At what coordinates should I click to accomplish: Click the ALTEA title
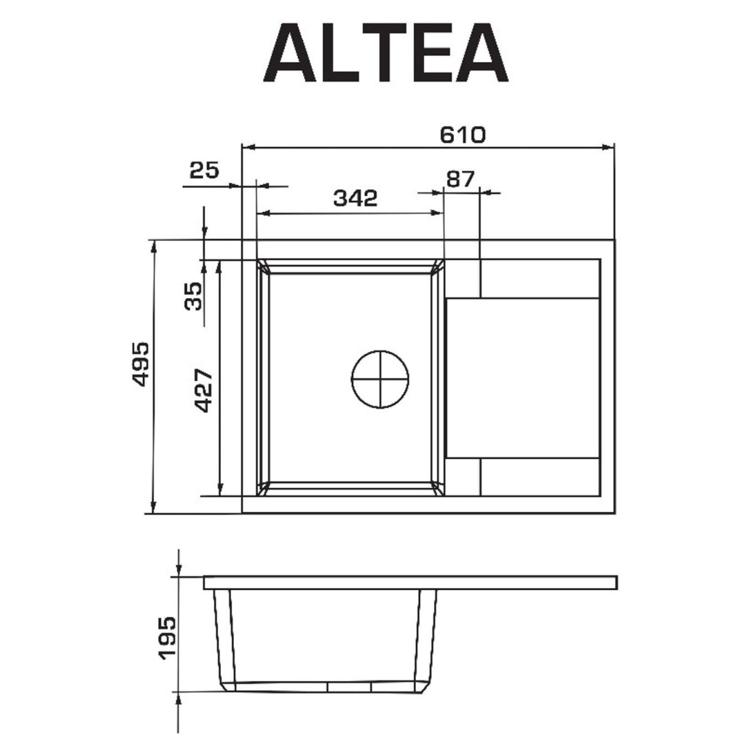(386, 52)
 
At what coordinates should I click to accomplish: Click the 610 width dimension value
(463, 135)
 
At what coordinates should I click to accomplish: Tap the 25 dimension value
(204, 170)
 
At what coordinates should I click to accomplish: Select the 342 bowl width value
(355, 198)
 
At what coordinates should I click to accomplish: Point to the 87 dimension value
(460, 179)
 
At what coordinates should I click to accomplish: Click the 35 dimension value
(192, 296)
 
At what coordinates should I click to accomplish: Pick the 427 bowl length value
(204, 390)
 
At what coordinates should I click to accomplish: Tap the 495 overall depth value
(141, 364)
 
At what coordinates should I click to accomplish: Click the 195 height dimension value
(167, 638)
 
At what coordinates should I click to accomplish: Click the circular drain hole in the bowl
(380, 380)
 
